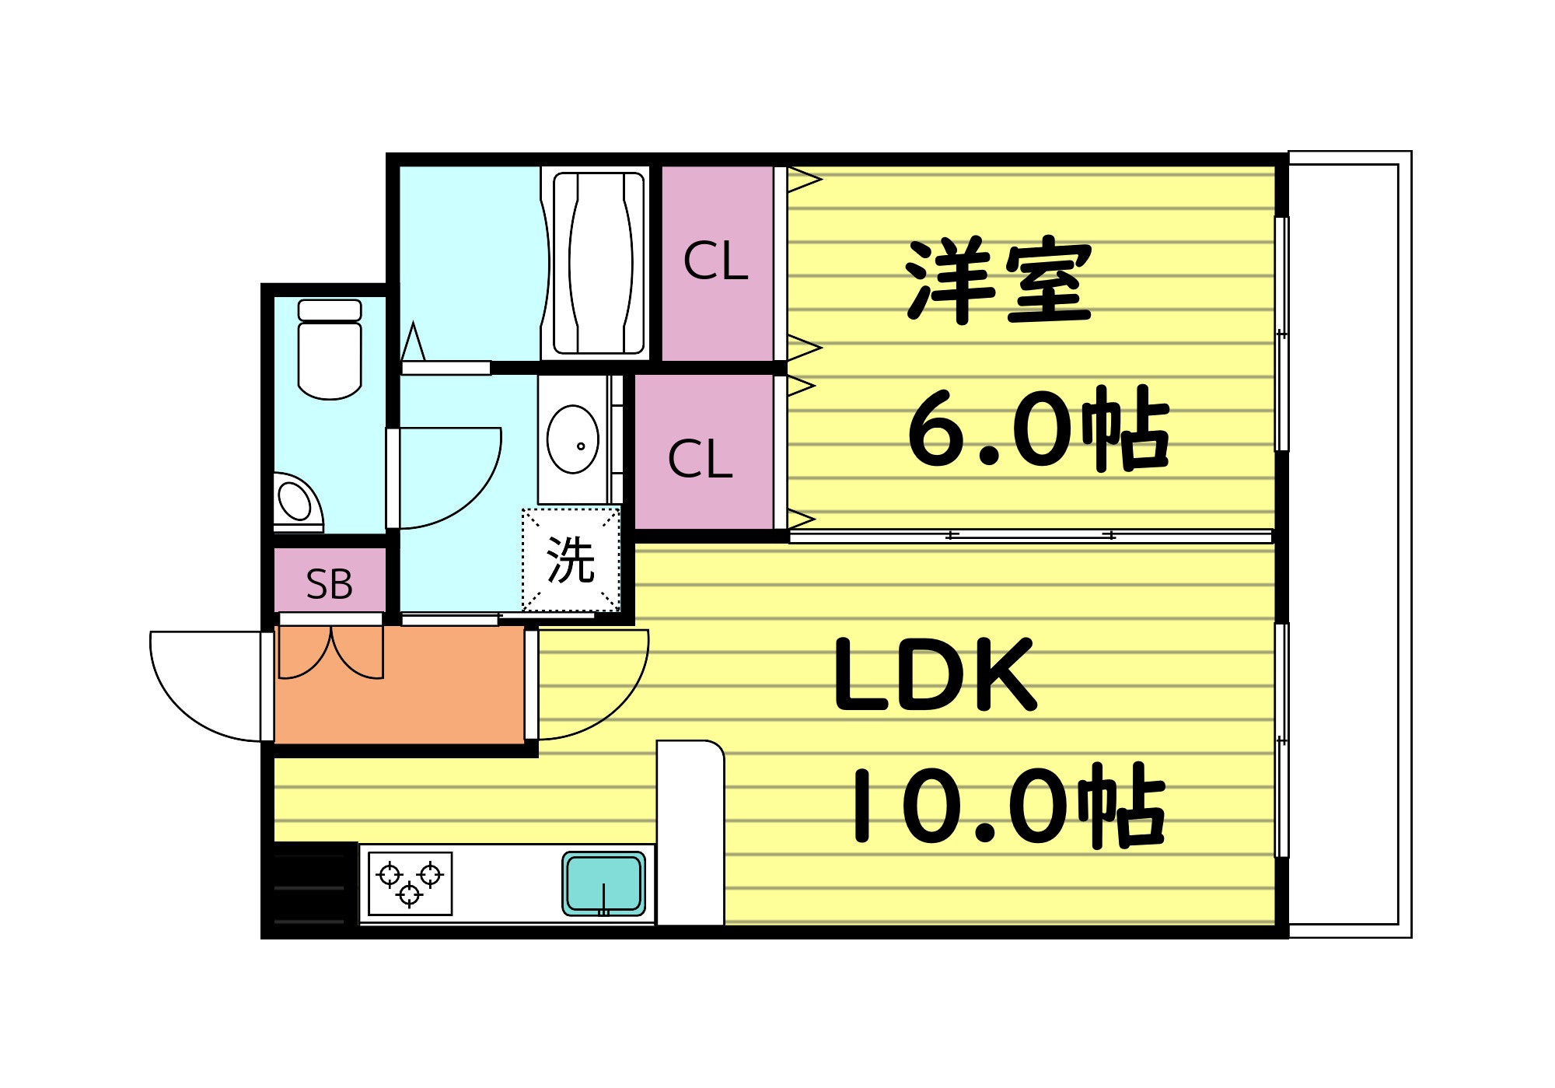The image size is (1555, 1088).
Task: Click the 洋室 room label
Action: point(999,280)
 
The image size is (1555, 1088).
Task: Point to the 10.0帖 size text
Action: point(1007,805)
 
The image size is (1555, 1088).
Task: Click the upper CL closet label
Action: point(716,261)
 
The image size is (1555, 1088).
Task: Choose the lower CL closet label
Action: point(700,459)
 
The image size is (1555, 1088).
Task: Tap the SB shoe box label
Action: point(330,584)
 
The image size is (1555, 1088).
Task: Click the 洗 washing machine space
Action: point(571,560)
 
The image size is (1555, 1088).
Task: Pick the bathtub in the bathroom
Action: point(598,263)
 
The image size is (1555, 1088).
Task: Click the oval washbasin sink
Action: point(573,439)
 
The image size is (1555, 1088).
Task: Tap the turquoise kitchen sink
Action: point(604,883)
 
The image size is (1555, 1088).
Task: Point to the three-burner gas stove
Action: point(410,883)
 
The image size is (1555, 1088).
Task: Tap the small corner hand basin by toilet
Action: point(296,502)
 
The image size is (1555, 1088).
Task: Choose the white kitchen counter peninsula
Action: point(690,832)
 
